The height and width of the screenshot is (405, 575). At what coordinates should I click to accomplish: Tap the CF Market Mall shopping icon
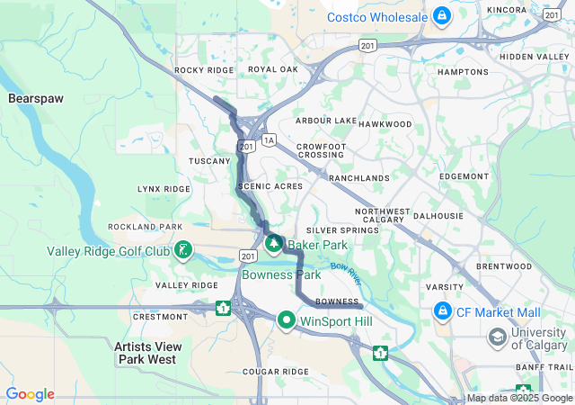point(442,312)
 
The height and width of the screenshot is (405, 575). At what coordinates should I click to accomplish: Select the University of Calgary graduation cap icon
point(497,337)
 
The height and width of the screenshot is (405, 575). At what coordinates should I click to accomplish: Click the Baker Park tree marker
point(273,243)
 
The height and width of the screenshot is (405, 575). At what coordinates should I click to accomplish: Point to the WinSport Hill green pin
point(287,319)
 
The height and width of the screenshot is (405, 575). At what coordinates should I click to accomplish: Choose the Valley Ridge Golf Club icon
point(183,250)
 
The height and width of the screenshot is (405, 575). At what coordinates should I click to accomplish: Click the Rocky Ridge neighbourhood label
point(204,70)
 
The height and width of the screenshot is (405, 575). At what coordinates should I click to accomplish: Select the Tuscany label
point(209,161)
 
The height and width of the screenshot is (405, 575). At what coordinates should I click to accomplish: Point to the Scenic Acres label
point(270,185)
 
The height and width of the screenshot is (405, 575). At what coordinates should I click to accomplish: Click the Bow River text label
point(344,268)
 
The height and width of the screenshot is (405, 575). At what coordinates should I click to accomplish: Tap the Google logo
point(30,394)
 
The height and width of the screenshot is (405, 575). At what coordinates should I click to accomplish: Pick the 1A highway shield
point(269,140)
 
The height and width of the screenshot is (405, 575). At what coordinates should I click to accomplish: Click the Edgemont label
point(464,176)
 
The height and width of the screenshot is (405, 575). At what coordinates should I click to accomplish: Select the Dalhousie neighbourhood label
point(438,217)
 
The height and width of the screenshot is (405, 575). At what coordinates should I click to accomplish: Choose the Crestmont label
point(159,317)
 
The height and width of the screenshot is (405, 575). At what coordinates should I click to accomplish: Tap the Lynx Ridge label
point(164,189)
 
